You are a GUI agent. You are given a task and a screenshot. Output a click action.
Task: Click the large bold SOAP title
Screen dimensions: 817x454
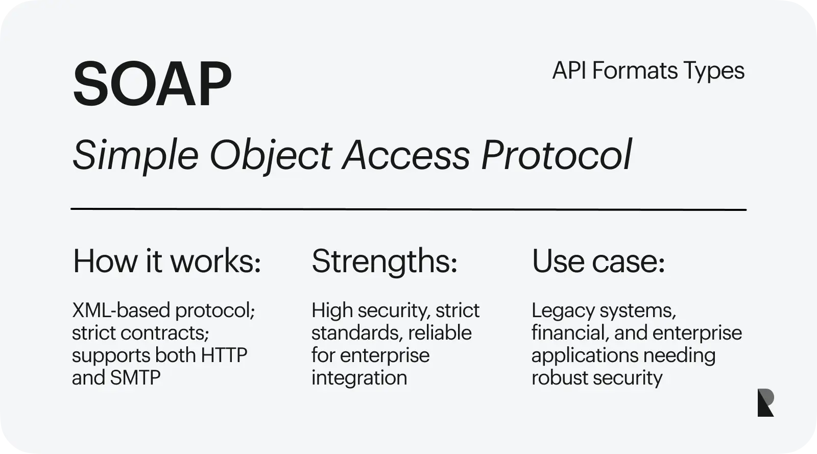pos(153,84)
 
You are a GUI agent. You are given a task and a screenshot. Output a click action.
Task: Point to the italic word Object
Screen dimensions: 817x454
pos(271,156)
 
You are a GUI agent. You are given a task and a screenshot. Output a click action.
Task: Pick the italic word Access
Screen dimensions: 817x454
pos(406,155)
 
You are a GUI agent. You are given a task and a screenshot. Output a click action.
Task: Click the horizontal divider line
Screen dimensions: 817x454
pos(408,209)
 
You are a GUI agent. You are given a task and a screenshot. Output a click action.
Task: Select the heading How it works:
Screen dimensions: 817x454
pos(167,260)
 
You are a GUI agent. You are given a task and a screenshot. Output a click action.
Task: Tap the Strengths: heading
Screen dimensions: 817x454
pos(385,262)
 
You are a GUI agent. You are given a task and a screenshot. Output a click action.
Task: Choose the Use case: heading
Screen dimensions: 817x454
pos(598,261)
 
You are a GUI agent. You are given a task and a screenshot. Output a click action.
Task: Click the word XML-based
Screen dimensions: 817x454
pos(121,310)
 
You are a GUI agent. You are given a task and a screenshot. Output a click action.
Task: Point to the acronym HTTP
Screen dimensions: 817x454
pos(224,355)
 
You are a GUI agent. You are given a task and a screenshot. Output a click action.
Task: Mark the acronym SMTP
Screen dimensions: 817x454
pos(135,377)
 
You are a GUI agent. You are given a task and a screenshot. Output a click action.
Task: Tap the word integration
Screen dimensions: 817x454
pos(359,378)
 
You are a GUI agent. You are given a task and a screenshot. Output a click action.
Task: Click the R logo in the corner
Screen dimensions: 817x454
pos(765,402)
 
